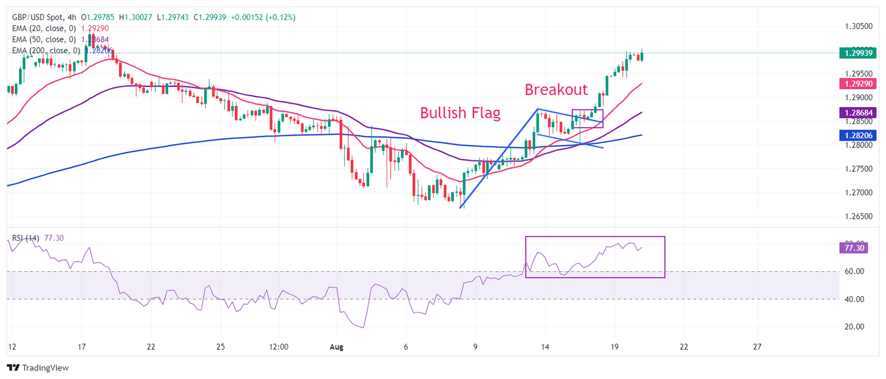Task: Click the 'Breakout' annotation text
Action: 556,90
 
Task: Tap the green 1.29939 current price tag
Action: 859,53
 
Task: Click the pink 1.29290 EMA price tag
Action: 859,84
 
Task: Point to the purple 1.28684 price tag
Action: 859,112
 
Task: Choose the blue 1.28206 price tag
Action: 859,135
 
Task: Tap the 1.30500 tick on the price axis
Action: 858,26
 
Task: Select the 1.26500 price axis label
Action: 858,216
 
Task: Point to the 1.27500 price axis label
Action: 858,169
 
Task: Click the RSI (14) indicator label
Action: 26,238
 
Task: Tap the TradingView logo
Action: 37,367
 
